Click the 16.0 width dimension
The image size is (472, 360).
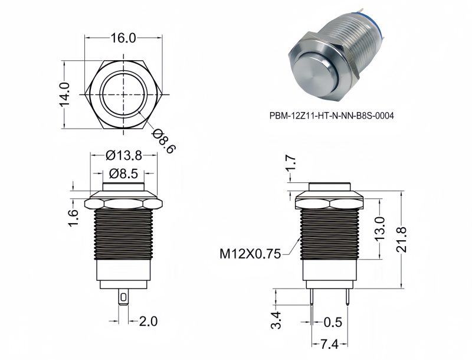point(124,38)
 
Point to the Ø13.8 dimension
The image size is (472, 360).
point(124,156)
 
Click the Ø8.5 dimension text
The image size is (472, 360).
point(124,174)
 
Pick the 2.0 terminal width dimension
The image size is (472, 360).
point(147,321)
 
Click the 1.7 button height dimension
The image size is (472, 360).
point(290,167)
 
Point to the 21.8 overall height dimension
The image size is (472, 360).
point(402,238)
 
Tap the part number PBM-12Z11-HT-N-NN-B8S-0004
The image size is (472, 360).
point(327,116)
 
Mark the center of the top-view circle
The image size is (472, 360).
point(124,93)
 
